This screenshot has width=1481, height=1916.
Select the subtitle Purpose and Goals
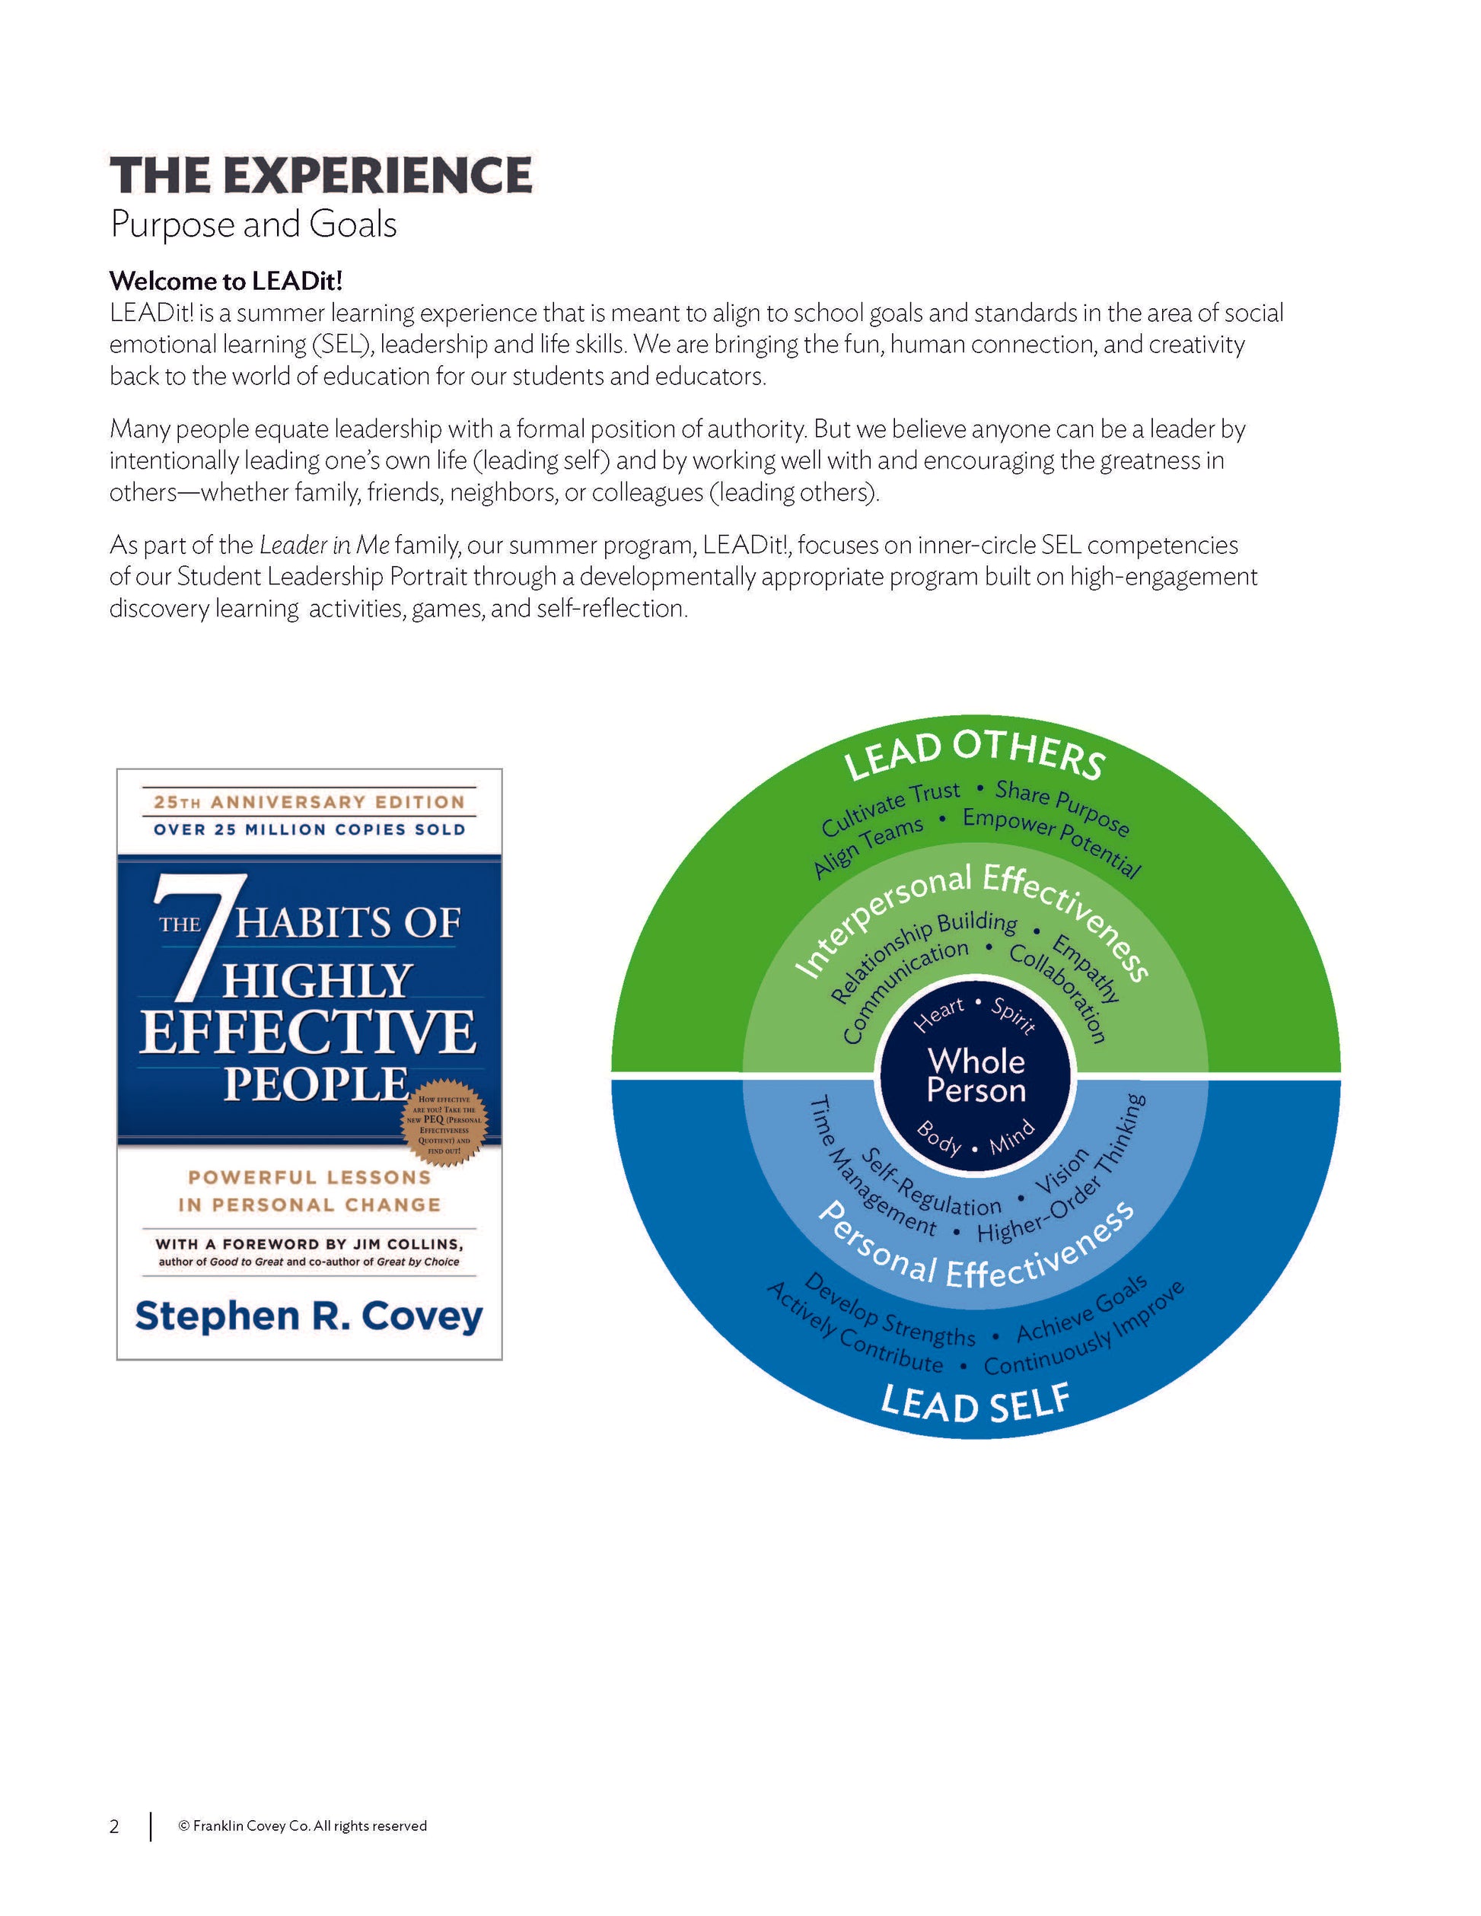253,224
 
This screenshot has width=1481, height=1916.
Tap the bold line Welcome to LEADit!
225,281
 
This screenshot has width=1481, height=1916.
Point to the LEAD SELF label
975,1401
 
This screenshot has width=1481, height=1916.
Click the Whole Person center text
976,1074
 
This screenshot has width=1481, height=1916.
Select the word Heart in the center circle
939,1014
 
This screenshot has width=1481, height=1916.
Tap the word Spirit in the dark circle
1014,1016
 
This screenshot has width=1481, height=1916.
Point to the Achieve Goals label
1081,1310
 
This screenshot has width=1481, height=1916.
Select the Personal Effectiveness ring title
974,1255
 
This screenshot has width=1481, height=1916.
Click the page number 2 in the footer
114,1826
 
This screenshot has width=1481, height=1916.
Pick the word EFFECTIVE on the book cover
307,1033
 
